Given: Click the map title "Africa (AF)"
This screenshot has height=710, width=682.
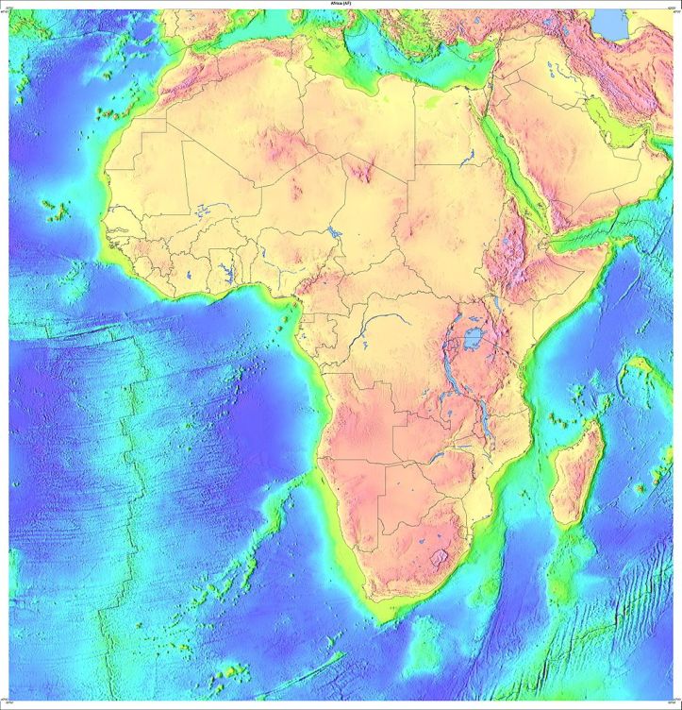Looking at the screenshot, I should (x=341, y=5).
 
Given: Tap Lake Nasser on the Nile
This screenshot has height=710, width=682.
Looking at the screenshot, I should (x=465, y=155).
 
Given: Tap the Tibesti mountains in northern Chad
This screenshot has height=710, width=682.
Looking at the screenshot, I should (x=363, y=170).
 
